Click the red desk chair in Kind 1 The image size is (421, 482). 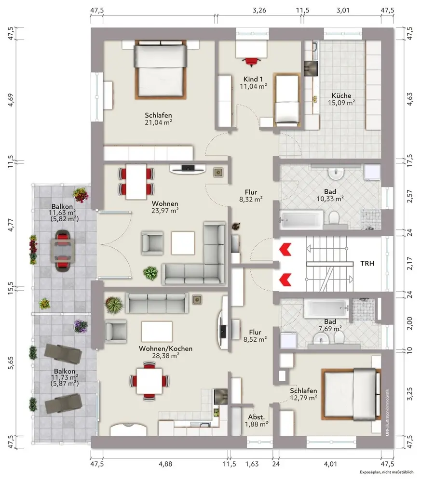point(252,62)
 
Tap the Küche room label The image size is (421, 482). point(341,95)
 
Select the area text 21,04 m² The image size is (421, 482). point(158,122)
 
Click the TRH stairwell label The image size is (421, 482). point(367,264)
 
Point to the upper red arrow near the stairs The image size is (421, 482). point(285,249)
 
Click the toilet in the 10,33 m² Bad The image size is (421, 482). point(334,218)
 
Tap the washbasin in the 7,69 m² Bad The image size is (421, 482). point(321,339)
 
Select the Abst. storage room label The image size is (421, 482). point(257,417)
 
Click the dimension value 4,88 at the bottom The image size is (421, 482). point(165,464)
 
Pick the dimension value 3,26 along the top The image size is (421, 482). point(259,10)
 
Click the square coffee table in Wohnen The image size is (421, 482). point(183,243)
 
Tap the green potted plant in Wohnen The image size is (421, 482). point(150,273)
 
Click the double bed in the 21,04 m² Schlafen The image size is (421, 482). point(161,70)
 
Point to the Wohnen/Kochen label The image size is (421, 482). point(165,348)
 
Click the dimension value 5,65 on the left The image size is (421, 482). point(11,362)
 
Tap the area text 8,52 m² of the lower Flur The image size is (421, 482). point(255,339)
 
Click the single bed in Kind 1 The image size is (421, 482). point(287,100)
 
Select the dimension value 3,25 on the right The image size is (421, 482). point(409,394)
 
